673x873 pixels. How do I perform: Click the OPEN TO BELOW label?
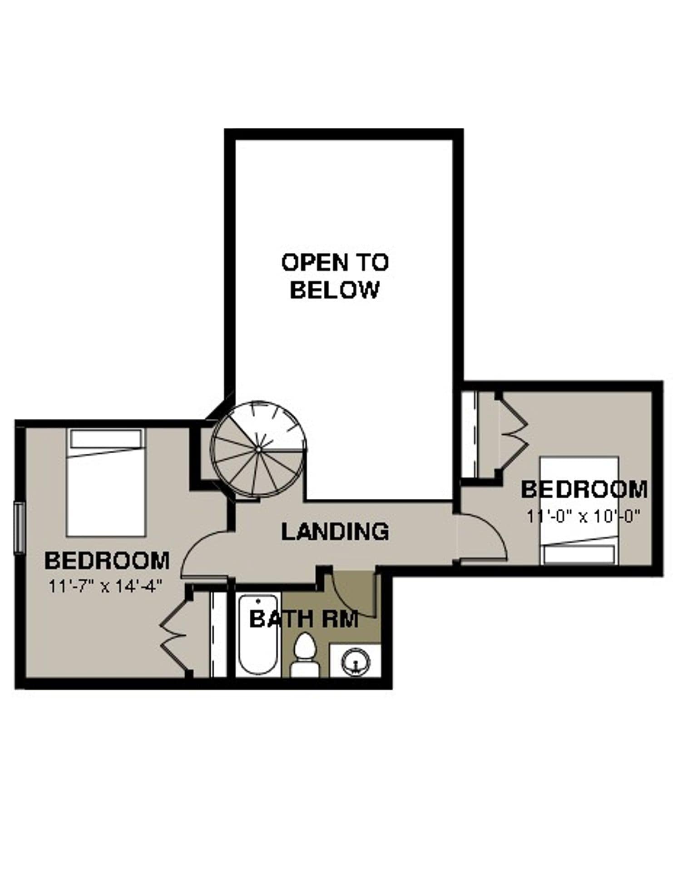pyautogui.click(x=335, y=276)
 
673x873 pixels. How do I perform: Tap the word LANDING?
pyautogui.click(x=335, y=532)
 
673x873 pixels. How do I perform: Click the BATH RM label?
pyautogui.click(x=304, y=619)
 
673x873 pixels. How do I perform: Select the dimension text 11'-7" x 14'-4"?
pyautogui.click(x=106, y=586)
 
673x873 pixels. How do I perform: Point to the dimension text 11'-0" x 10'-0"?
pyautogui.click(x=583, y=517)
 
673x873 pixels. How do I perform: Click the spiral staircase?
pyautogui.click(x=258, y=449)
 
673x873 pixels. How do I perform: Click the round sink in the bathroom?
pyautogui.click(x=356, y=661)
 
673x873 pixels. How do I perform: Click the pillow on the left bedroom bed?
pyautogui.click(x=106, y=438)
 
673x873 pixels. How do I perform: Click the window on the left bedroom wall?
pyautogui.click(x=19, y=527)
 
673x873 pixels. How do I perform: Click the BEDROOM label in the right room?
pyautogui.click(x=584, y=490)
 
